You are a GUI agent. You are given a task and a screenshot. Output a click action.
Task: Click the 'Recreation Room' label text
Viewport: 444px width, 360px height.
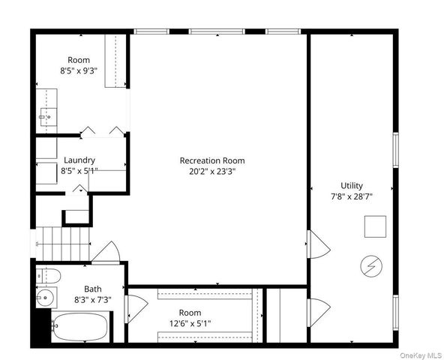tap(211, 160)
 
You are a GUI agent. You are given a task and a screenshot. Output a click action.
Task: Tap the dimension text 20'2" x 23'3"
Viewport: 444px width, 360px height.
tap(211, 171)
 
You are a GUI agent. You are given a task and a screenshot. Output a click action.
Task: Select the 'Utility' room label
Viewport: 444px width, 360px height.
tap(351, 185)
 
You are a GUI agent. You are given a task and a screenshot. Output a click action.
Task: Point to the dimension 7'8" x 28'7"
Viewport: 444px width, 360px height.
tap(351, 196)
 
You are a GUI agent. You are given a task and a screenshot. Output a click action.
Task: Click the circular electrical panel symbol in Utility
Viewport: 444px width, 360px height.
tap(370, 265)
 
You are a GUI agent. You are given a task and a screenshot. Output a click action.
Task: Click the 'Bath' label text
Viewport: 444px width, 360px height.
tap(92, 289)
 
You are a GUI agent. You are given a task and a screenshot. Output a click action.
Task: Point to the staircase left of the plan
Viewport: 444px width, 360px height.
tap(58, 242)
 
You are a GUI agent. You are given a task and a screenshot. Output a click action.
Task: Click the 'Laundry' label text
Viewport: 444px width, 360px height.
tap(79, 160)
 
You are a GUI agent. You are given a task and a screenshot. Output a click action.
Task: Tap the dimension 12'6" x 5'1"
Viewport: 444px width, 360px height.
tap(190, 324)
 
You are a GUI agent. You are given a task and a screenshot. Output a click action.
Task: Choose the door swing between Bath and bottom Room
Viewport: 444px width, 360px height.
tap(136, 308)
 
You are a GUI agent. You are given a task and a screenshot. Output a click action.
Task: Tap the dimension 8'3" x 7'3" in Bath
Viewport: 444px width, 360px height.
tap(92, 300)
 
